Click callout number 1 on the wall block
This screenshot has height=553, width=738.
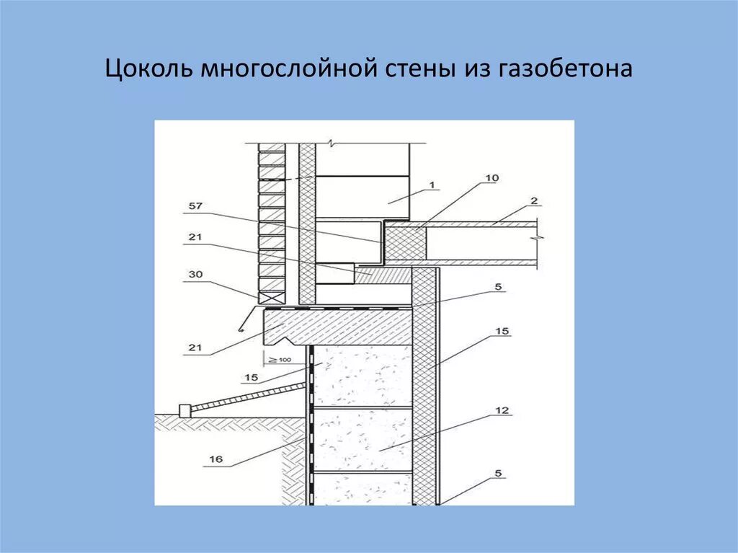(x=432, y=185)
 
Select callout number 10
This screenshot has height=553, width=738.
(x=492, y=177)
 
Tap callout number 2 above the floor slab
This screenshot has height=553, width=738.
(x=534, y=200)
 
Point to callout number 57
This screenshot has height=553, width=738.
(x=195, y=206)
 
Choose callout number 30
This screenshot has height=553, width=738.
(x=195, y=274)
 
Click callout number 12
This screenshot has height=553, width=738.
(x=502, y=410)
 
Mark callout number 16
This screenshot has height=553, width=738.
(x=214, y=459)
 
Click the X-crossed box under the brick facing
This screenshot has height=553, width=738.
(x=272, y=295)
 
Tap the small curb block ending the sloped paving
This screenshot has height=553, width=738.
(x=184, y=410)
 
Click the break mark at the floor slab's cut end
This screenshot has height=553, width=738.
(x=538, y=237)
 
